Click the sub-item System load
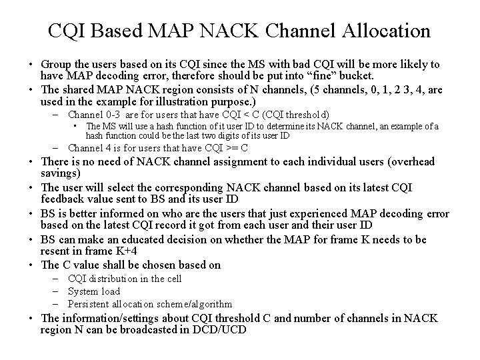coord(94,291)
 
